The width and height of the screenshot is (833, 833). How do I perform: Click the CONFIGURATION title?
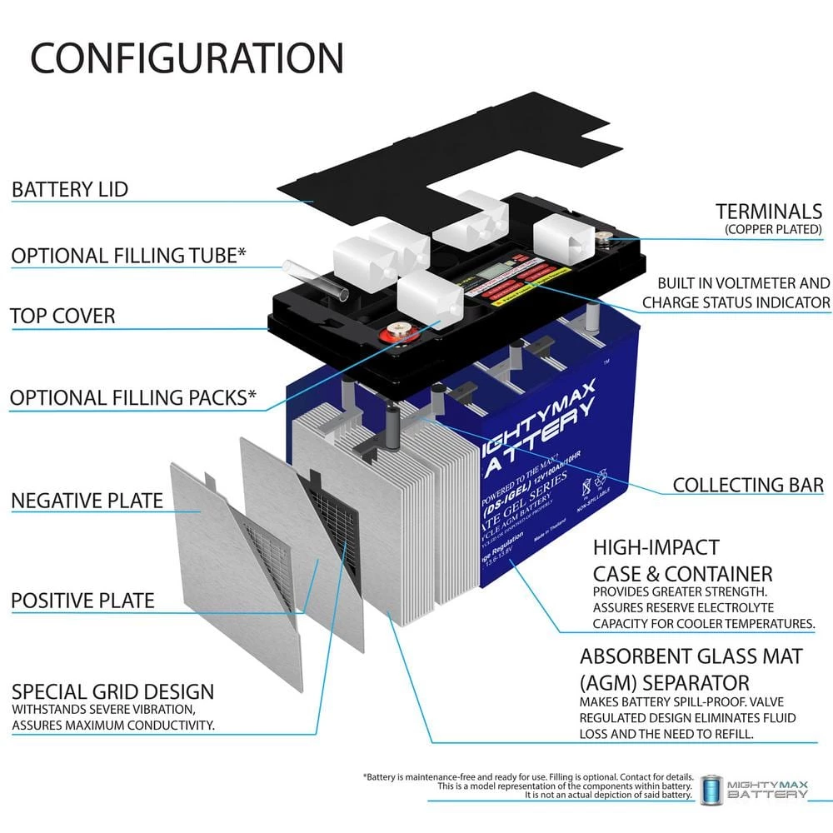(187, 57)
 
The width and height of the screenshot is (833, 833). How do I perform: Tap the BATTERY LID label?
(70, 189)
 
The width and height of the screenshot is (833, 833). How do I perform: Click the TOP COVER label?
(62, 316)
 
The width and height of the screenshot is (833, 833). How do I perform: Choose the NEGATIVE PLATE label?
(87, 501)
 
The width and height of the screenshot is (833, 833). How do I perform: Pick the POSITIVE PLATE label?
(82, 600)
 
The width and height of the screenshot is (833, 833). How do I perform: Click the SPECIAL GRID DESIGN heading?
(112, 691)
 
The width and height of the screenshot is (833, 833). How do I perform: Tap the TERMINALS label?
(769, 211)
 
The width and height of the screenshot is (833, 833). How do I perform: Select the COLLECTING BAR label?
(748, 484)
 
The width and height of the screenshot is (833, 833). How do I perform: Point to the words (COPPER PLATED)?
(774, 228)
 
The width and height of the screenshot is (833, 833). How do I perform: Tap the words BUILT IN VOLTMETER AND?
(743, 283)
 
